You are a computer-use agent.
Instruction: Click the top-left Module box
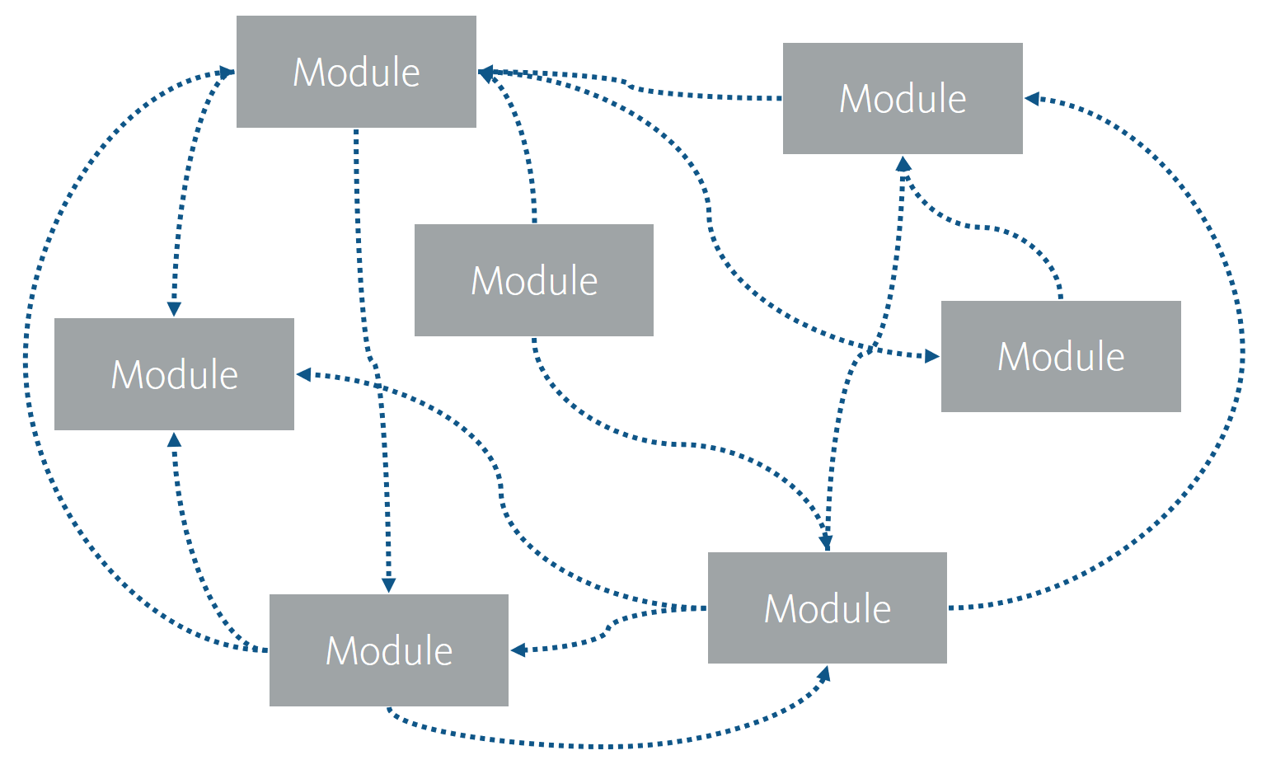coord(356,72)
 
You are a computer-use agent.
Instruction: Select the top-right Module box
coord(903,98)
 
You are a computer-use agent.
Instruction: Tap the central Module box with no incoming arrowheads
coord(533,280)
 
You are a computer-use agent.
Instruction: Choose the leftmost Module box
coord(174,374)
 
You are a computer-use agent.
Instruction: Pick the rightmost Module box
coord(1061,356)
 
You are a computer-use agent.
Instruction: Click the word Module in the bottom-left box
coord(389,650)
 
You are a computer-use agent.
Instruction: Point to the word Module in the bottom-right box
coord(828,608)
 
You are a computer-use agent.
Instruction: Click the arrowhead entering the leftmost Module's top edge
coord(174,309)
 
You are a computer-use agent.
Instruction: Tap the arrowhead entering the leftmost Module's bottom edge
coord(174,439)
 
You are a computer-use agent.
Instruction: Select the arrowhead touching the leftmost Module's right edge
coord(303,374)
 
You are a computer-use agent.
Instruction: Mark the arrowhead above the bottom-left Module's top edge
coord(388,585)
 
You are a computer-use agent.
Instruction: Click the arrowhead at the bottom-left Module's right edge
coord(518,650)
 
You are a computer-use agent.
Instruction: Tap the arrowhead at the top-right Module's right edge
coord(1032,99)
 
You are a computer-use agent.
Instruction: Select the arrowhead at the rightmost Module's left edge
coord(932,356)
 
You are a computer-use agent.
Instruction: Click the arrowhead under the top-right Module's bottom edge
coord(903,163)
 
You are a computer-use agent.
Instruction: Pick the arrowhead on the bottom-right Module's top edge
coord(825,542)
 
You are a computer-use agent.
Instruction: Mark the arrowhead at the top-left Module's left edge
coord(226,73)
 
